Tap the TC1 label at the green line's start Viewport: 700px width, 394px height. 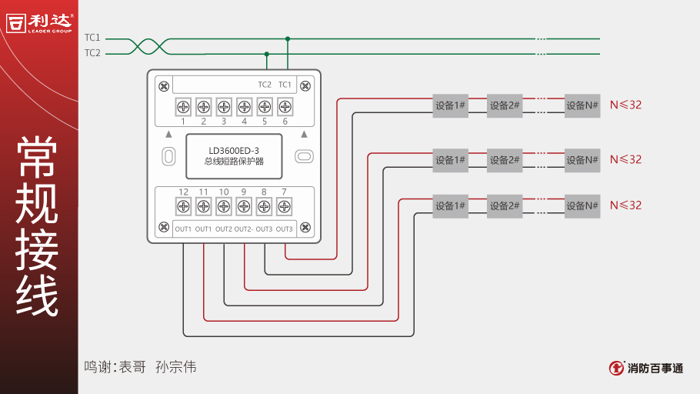pos(92,38)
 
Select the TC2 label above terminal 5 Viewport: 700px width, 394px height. pos(265,85)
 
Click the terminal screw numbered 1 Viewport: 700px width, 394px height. pos(183,105)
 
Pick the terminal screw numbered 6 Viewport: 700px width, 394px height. pos(285,105)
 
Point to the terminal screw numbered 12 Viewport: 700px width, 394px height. pos(183,206)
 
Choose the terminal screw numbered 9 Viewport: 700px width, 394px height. pos(244,206)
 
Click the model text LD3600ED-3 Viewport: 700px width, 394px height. pos(234,150)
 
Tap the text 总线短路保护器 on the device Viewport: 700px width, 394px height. pos(234,162)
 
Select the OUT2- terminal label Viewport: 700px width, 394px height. pos(244,229)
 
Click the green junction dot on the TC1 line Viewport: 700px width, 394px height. pos(288,38)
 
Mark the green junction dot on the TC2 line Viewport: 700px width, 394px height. pos(267,54)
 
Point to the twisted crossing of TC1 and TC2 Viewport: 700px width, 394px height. pos(147,46)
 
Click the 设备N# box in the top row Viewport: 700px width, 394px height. pos(582,105)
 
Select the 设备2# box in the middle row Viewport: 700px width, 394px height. pos(505,160)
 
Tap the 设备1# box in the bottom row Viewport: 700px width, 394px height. pos(450,205)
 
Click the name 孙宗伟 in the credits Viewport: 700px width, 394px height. pos(175,367)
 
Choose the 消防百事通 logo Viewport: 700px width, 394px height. pos(645,368)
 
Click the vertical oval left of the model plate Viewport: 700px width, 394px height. pos(168,156)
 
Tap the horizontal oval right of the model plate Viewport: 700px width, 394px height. pos(305,156)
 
